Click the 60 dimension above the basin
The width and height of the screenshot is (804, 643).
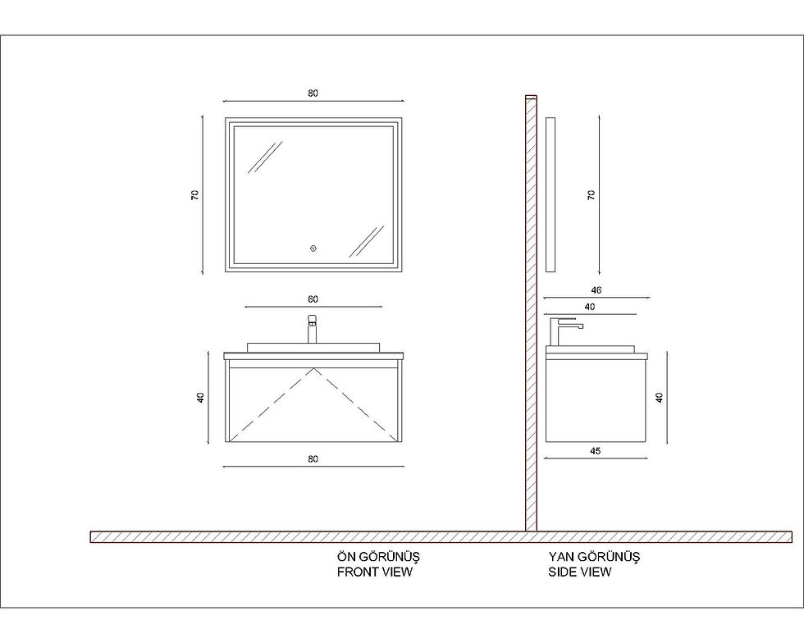pos(313,299)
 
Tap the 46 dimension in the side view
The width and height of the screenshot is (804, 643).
pos(596,290)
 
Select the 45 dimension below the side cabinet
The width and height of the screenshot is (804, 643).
pos(596,451)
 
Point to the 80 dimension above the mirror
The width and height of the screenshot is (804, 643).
pos(313,93)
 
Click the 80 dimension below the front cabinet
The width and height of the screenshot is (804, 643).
pos(313,459)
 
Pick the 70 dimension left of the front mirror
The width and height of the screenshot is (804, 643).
pos(195,195)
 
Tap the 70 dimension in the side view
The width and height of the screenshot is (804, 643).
pos(592,195)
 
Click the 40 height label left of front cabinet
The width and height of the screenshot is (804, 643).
pos(200,398)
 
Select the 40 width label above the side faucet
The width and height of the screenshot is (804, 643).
pos(590,307)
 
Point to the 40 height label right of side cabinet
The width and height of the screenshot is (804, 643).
pos(660,398)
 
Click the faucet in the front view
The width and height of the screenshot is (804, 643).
pos(313,329)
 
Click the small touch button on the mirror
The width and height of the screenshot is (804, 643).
pos(313,249)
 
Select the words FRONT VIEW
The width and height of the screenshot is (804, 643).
pos(375,572)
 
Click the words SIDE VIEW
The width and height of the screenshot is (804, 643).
pos(580,572)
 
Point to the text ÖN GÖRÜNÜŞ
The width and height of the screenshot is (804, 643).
pos(378,556)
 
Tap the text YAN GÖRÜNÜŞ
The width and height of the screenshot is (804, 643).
pos(594,556)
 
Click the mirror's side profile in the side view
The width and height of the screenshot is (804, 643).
pos(550,195)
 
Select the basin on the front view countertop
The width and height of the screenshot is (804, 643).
pos(313,348)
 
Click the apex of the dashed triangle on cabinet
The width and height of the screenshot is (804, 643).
pos(313,368)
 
